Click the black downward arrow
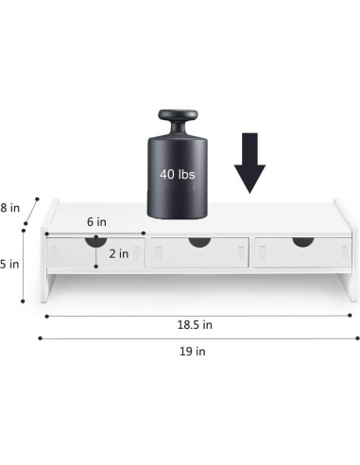(249, 163)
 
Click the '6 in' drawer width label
(96, 220)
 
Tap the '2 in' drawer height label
(119, 253)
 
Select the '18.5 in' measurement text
(195, 323)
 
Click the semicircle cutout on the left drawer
(96, 241)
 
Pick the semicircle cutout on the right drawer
(301, 242)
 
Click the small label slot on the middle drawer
(160, 253)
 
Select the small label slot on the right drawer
(264, 253)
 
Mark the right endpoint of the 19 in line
(358, 336)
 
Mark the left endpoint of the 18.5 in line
(45, 316)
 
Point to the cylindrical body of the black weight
(179, 180)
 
